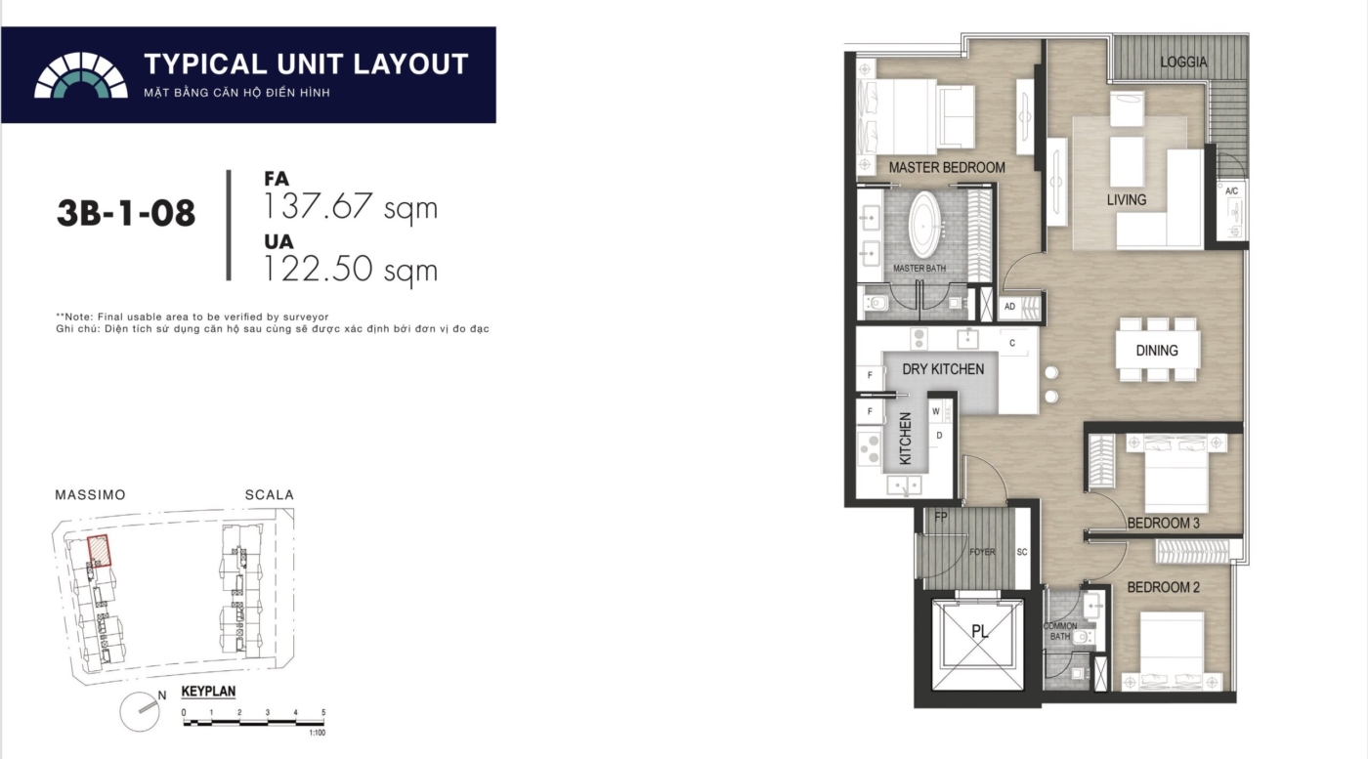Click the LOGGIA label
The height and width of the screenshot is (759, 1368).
point(1183,63)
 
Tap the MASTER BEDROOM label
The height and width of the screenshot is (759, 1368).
point(947,167)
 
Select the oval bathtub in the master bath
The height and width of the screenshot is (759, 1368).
point(926,225)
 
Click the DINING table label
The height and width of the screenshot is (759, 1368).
point(1157,351)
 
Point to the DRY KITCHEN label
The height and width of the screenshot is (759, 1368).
point(943,369)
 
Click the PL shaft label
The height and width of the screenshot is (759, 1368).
point(979,631)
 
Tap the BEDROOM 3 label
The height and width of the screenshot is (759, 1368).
point(1163,524)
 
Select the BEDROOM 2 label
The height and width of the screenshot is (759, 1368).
point(1163,587)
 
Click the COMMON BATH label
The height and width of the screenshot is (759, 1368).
point(1060,631)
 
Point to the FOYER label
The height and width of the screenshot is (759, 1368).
point(982,552)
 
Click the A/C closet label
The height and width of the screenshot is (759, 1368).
point(1231,191)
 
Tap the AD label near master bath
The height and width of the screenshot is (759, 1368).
point(1009,307)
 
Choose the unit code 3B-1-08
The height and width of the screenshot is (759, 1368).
point(126,213)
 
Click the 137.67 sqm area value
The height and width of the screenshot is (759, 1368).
point(350,206)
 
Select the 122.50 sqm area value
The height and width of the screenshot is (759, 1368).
point(350,269)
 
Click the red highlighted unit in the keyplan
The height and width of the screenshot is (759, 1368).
point(100,551)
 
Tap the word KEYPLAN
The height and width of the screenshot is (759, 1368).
point(208,692)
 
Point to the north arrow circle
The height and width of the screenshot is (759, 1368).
point(140,711)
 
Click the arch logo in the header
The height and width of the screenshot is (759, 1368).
point(80,75)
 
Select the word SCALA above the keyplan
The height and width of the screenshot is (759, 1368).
point(270,494)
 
